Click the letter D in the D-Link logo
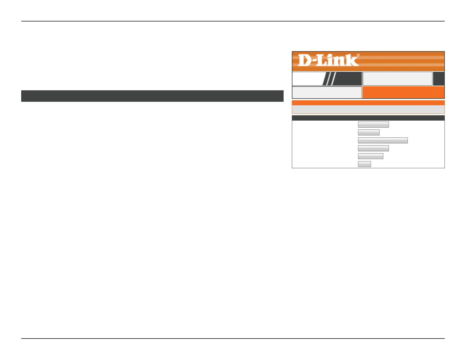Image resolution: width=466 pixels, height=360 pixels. [304, 60]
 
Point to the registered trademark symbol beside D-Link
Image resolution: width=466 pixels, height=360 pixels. [358, 55]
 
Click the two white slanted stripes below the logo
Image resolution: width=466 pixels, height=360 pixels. [330, 79]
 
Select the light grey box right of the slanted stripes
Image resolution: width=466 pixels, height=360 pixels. [397, 79]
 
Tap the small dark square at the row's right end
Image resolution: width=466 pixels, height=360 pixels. [439, 79]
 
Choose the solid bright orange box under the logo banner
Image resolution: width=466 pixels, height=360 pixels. [403, 92]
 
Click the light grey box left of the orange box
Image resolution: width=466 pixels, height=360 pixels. [327, 92]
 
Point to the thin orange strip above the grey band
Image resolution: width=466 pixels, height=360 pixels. [368, 103]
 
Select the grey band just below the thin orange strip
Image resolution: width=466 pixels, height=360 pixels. [368, 109]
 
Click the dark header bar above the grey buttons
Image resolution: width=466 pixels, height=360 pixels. [368, 118]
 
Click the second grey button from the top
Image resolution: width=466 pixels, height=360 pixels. [369, 132]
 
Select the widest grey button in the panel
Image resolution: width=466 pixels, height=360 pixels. [383, 140]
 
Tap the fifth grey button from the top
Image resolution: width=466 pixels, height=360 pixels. [370, 156]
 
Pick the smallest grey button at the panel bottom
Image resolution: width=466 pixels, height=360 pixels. [364, 164]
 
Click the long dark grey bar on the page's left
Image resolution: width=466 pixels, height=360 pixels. [152, 96]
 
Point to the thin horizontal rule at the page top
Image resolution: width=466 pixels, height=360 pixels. [233, 21]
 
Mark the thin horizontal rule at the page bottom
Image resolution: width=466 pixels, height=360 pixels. [233, 339]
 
